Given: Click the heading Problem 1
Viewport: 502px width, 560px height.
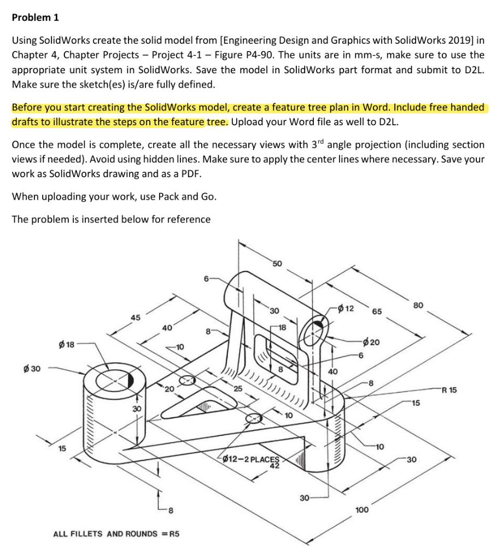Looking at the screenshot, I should pyautogui.click(x=35, y=17).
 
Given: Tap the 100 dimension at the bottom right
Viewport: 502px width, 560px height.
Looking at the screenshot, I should pyautogui.click(x=361, y=510).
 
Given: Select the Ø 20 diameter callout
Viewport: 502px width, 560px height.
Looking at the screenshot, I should pyautogui.click(x=375, y=342).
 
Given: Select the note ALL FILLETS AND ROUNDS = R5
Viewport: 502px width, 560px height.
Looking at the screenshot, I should pyautogui.click(x=116, y=533).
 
